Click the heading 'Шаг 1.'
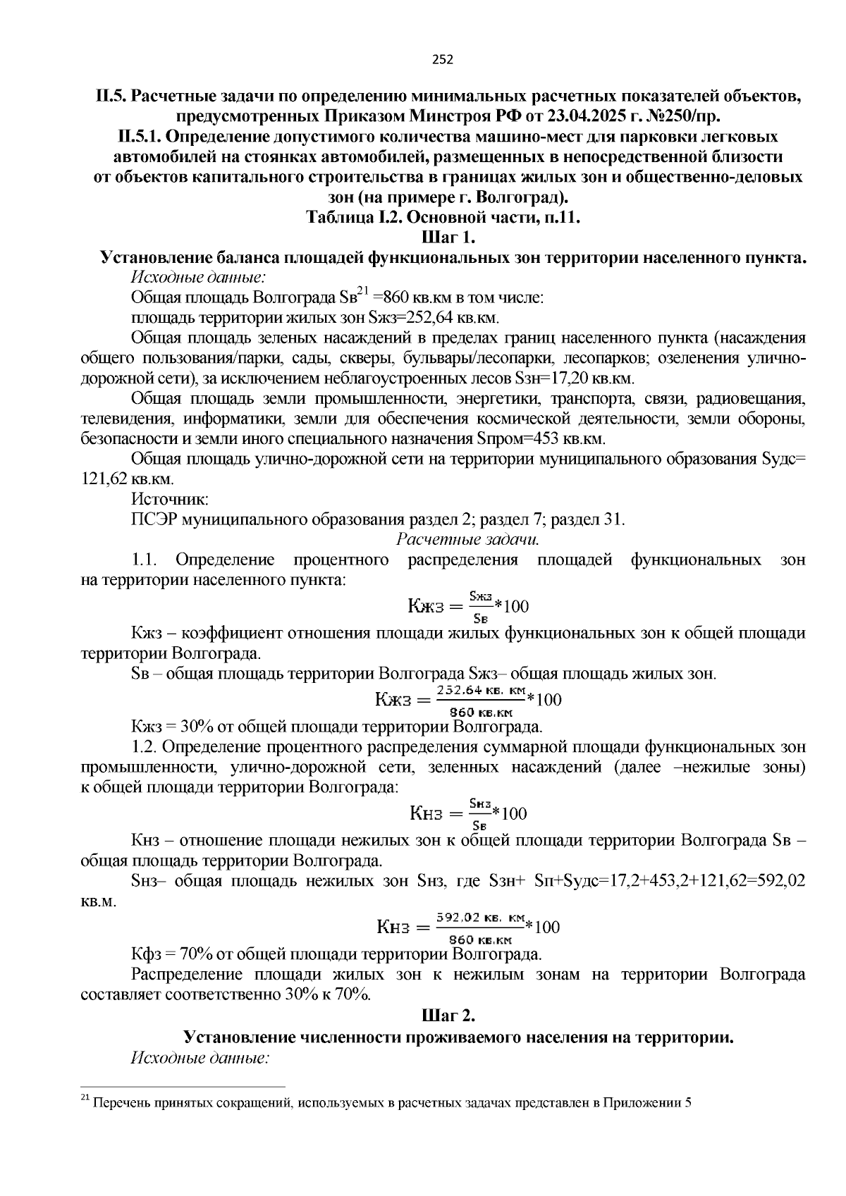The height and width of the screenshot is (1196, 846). point(450,237)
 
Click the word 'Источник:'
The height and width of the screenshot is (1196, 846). point(169,500)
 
